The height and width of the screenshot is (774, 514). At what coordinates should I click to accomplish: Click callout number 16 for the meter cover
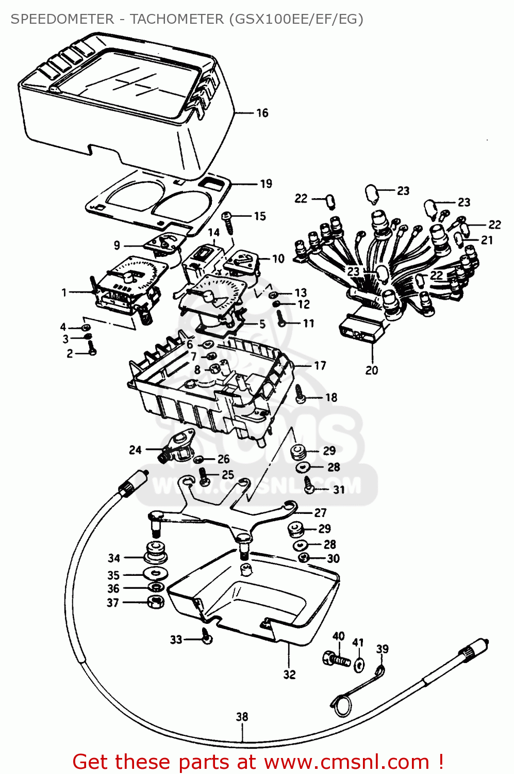click(262, 113)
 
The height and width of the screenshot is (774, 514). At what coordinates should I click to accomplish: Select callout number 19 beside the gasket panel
click(266, 184)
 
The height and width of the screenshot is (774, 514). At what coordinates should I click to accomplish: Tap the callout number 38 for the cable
click(242, 717)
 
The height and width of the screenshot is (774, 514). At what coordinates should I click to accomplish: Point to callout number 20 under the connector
click(372, 370)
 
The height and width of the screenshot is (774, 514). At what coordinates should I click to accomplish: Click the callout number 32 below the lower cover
click(289, 674)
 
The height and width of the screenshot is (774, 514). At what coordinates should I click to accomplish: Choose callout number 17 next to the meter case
click(320, 365)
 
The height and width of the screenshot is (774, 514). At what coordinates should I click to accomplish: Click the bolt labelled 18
click(301, 397)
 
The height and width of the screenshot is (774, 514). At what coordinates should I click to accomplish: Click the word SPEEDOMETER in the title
click(62, 19)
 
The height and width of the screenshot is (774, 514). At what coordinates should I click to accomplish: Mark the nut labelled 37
click(156, 601)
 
